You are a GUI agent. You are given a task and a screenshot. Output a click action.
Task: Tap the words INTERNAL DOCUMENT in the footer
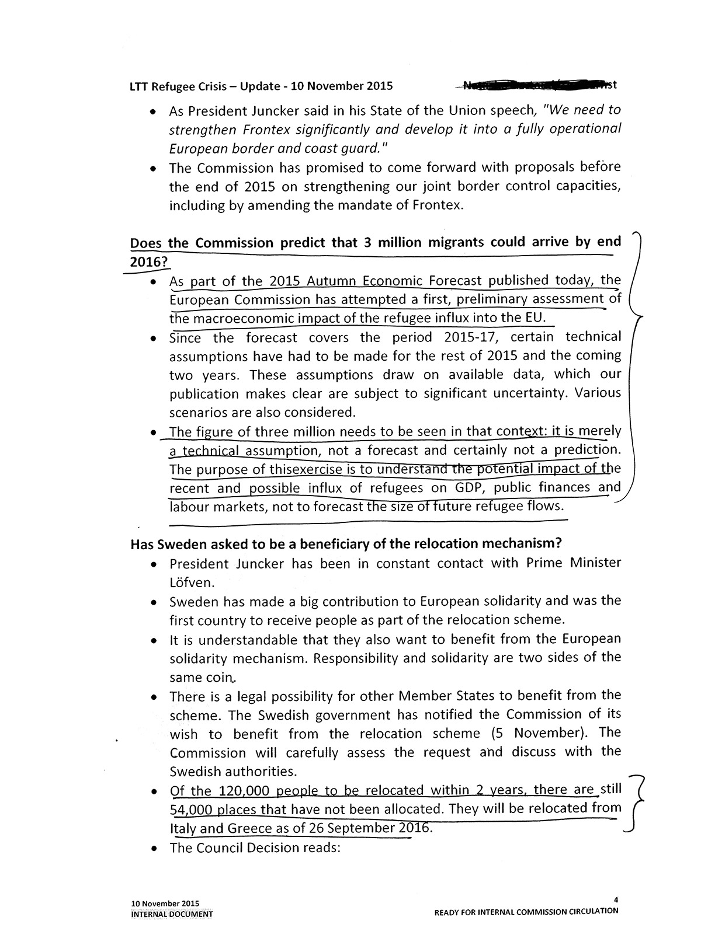172,914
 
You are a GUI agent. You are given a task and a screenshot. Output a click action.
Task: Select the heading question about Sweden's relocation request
346,543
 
